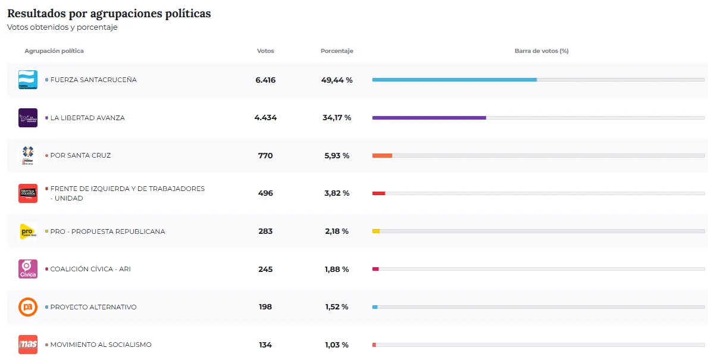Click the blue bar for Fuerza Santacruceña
454,80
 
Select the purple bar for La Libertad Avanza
429,118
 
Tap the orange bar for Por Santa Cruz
382,155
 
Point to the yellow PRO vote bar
376,231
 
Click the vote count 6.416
265,80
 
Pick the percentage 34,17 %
337,118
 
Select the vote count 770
265,155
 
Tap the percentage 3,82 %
337,193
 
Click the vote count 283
265,231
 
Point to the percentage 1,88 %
337,269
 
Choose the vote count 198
265,307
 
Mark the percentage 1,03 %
337,345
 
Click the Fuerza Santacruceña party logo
28,80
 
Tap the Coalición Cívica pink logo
28,269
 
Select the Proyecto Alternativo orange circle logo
28,307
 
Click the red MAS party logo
28,345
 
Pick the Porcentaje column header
337,51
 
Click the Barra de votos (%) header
541,51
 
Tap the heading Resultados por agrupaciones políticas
109,13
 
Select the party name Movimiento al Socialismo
101,345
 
